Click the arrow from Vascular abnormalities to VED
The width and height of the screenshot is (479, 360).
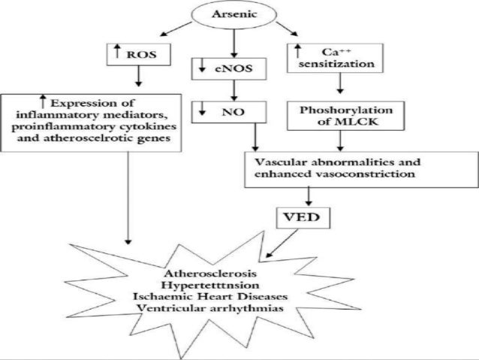pos(310,195)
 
